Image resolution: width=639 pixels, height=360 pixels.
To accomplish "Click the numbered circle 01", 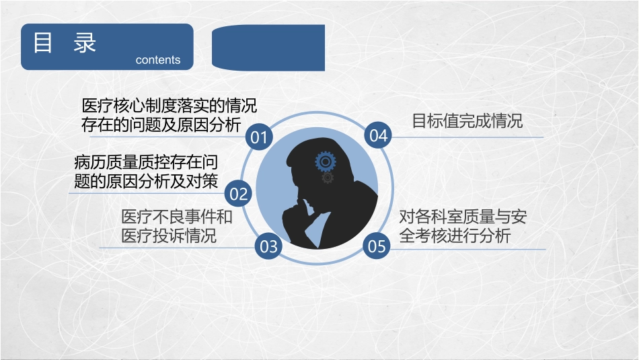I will pyautogui.click(x=258, y=137).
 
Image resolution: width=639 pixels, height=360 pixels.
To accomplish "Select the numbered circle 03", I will pyautogui.click(x=268, y=246).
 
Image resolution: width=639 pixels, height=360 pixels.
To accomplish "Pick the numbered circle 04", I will pyautogui.click(x=379, y=135).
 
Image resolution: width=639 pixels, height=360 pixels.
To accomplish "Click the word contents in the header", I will pyautogui.click(x=158, y=60).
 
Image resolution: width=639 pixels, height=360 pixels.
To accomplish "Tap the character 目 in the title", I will pyautogui.click(x=44, y=43).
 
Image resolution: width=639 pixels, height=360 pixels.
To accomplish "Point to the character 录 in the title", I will pyautogui.click(x=85, y=43).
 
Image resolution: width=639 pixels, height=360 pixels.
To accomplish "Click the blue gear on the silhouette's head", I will pyautogui.click(x=325, y=161).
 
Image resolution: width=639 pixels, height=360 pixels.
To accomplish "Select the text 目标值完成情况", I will pyautogui.click(x=467, y=121).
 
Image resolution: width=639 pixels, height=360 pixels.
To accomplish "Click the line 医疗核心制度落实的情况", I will pyautogui.click(x=169, y=106).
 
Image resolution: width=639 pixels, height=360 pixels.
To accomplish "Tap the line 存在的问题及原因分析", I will pyautogui.click(x=161, y=125).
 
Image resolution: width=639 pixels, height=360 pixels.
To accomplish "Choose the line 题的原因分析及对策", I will pyautogui.click(x=146, y=181).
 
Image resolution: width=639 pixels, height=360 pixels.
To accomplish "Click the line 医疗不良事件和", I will pyautogui.click(x=176, y=217).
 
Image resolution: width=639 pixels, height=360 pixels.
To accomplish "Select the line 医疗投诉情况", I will pyautogui.click(x=169, y=236).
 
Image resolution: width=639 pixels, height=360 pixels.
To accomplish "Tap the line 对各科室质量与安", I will pyautogui.click(x=463, y=217).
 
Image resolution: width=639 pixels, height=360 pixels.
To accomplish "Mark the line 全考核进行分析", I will pyautogui.click(x=455, y=236).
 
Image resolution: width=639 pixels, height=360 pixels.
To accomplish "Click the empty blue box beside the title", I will pyautogui.click(x=268, y=48).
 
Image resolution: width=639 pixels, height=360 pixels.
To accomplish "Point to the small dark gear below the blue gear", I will pyautogui.click(x=328, y=178).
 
